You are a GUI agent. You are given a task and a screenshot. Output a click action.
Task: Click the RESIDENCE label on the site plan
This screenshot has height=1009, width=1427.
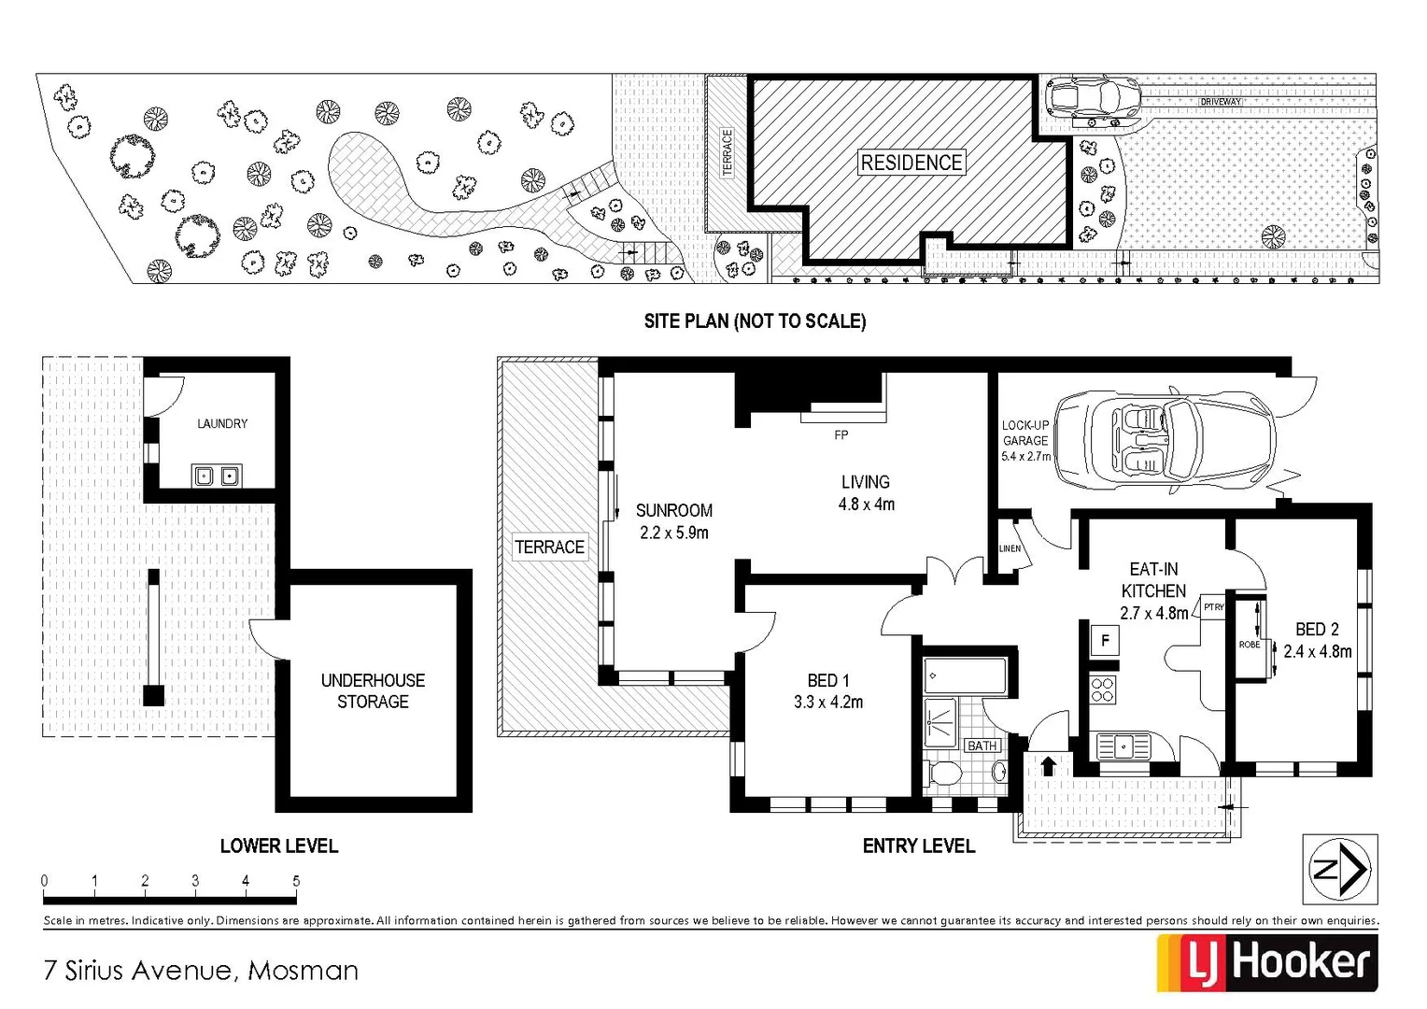[x=911, y=163]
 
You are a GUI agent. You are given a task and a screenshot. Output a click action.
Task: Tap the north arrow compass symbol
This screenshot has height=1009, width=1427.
[x=1340, y=869]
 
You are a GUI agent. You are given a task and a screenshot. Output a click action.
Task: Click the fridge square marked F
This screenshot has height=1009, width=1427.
[x=1105, y=641]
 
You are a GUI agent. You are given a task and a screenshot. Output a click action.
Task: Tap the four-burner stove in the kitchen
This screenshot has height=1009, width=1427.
[x=1103, y=689]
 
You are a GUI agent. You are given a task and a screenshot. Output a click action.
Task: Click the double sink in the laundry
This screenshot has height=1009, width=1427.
[x=217, y=476]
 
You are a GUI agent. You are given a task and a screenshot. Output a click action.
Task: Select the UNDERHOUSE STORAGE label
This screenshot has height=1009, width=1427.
[x=373, y=690]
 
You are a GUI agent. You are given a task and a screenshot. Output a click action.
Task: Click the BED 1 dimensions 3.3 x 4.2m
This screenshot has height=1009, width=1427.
[x=828, y=702]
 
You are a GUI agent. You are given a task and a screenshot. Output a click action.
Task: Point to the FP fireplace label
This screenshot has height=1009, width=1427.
[x=841, y=435]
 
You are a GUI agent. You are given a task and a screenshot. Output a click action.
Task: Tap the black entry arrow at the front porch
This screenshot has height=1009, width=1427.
[x=1048, y=766]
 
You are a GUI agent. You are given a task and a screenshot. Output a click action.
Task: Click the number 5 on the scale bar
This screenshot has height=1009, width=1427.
[x=296, y=881]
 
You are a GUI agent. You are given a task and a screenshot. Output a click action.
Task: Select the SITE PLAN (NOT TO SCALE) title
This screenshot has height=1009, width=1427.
[x=755, y=321]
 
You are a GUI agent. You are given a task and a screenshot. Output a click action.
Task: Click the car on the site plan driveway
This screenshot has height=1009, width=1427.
[x=1093, y=96]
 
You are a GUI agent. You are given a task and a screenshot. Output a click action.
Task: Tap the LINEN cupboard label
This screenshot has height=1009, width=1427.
[x=1010, y=548]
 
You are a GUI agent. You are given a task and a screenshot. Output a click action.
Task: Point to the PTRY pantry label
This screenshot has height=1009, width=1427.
[x=1213, y=607]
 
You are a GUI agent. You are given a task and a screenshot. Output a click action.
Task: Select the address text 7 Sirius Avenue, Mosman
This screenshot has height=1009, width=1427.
[x=201, y=970]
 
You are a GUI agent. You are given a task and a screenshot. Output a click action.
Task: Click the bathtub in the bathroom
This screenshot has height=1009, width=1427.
[x=965, y=675]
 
